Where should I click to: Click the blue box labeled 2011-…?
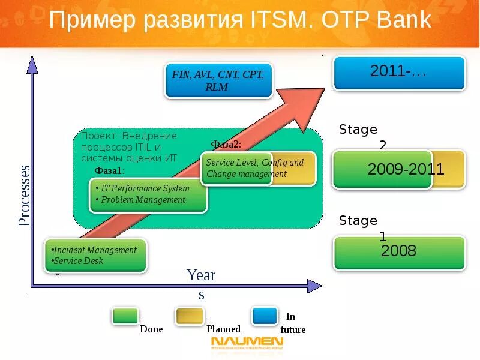point(399,73)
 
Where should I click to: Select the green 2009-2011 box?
point(382,169)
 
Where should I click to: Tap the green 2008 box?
point(399,252)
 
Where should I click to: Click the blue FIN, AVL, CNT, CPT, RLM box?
point(218,81)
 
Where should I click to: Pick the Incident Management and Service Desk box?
point(95,256)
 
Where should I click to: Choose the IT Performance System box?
point(148,194)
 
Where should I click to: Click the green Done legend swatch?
point(125,316)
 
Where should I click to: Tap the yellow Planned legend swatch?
point(188,316)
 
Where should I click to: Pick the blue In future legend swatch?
point(265,316)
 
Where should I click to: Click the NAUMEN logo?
point(247,343)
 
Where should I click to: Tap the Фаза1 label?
point(109,171)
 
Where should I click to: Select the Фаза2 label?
point(226,144)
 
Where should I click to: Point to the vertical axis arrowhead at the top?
point(32,63)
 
